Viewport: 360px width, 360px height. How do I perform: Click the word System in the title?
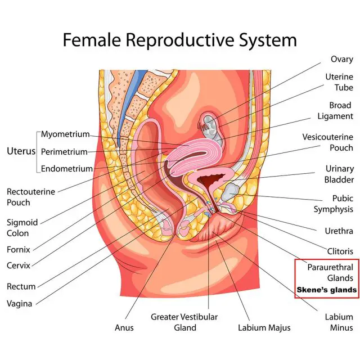click(268, 40)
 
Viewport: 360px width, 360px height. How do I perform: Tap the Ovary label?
click(341, 60)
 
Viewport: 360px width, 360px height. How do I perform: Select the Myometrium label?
click(65, 134)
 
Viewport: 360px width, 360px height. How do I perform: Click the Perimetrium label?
click(64, 152)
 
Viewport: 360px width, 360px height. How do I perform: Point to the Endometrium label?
click(66, 169)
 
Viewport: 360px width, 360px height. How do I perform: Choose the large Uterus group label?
click(21, 151)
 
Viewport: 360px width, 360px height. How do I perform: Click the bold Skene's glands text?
click(326, 290)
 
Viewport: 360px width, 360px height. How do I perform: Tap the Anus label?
click(124, 327)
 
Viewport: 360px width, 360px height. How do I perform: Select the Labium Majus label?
click(264, 328)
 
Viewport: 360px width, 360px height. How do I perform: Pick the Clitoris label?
click(340, 251)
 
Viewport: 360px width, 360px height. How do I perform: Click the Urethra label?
click(339, 231)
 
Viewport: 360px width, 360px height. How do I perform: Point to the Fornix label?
click(19, 250)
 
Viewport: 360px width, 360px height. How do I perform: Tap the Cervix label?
click(19, 265)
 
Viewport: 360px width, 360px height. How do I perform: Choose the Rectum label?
click(21, 286)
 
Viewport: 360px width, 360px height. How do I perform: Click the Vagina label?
click(19, 304)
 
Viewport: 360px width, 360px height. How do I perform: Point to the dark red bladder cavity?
click(210, 180)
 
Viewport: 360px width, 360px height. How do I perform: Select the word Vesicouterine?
click(327, 137)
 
